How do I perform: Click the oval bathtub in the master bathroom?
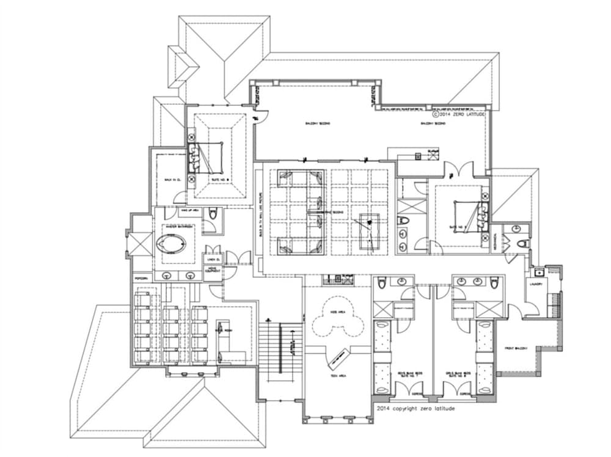tap(170, 246)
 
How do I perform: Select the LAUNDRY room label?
tap(538, 284)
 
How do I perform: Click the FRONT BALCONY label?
tap(517, 348)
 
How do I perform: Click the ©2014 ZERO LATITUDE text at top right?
tap(458, 114)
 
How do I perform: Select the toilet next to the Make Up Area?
tap(213, 214)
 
